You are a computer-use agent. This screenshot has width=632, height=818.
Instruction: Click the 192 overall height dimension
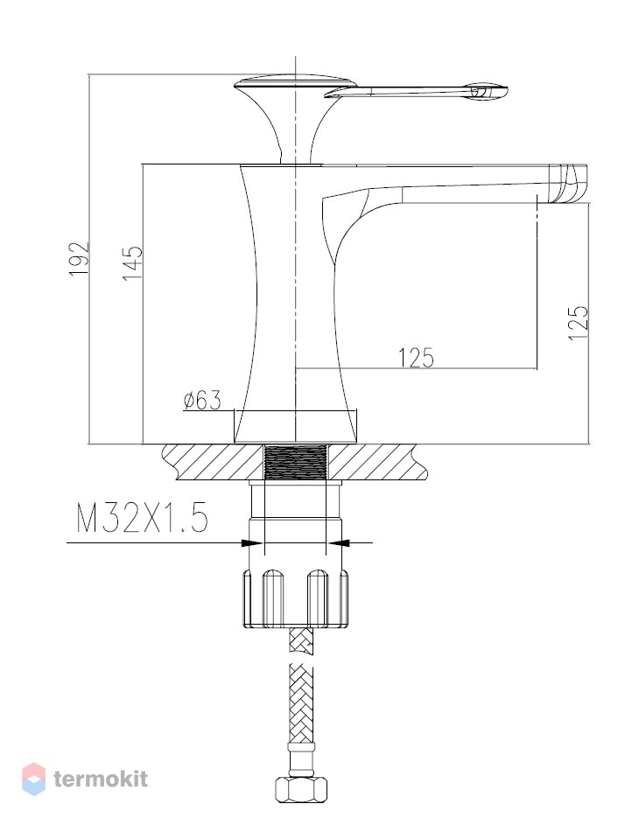[x=80, y=259]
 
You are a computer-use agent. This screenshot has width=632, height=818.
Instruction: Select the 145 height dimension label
[x=132, y=262]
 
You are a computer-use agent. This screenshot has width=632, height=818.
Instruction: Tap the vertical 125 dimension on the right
[x=579, y=323]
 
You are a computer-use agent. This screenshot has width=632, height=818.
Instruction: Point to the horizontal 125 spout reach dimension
[x=417, y=358]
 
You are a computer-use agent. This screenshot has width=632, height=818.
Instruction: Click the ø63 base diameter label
[x=202, y=400]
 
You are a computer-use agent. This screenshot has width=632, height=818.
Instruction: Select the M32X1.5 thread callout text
[x=143, y=518]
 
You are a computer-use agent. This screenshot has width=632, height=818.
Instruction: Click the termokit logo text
[x=101, y=779]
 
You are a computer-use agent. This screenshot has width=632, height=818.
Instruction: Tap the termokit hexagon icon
[x=33, y=779]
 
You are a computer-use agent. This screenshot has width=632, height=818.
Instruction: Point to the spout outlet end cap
[x=568, y=183]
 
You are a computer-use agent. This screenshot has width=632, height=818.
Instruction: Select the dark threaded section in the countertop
[x=296, y=461]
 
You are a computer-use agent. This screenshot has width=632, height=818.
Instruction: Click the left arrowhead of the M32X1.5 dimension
[x=253, y=543]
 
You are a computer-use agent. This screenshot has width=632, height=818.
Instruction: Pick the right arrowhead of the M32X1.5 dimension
[x=338, y=543]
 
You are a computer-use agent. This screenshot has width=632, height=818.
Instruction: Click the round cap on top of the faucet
[x=295, y=82]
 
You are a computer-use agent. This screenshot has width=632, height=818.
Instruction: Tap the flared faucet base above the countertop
[x=296, y=426]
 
